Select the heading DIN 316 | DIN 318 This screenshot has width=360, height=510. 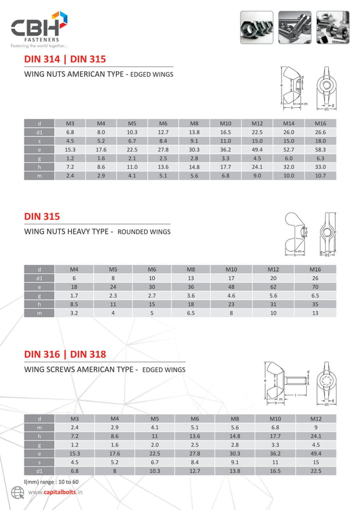(x=65, y=355)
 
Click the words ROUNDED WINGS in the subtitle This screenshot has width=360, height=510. (x=144, y=232)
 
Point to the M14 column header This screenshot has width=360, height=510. (x=289, y=123)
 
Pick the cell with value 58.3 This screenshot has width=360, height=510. (x=320, y=150)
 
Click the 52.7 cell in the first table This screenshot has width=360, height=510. (x=289, y=150)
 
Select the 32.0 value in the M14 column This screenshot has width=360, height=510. (x=289, y=167)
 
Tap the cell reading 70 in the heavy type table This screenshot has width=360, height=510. (x=315, y=287)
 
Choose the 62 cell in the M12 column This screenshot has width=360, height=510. (x=274, y=287)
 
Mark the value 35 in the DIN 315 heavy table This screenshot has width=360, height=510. (x=315, y=304)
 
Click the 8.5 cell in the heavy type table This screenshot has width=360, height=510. (x=74, y=304)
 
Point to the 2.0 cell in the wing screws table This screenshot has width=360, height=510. (x=155, y=444)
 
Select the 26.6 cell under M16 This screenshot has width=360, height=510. (x=320, y=132)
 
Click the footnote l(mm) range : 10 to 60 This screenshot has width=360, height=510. (x=51, y=481)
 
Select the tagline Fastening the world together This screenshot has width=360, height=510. (x=39, y=46)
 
